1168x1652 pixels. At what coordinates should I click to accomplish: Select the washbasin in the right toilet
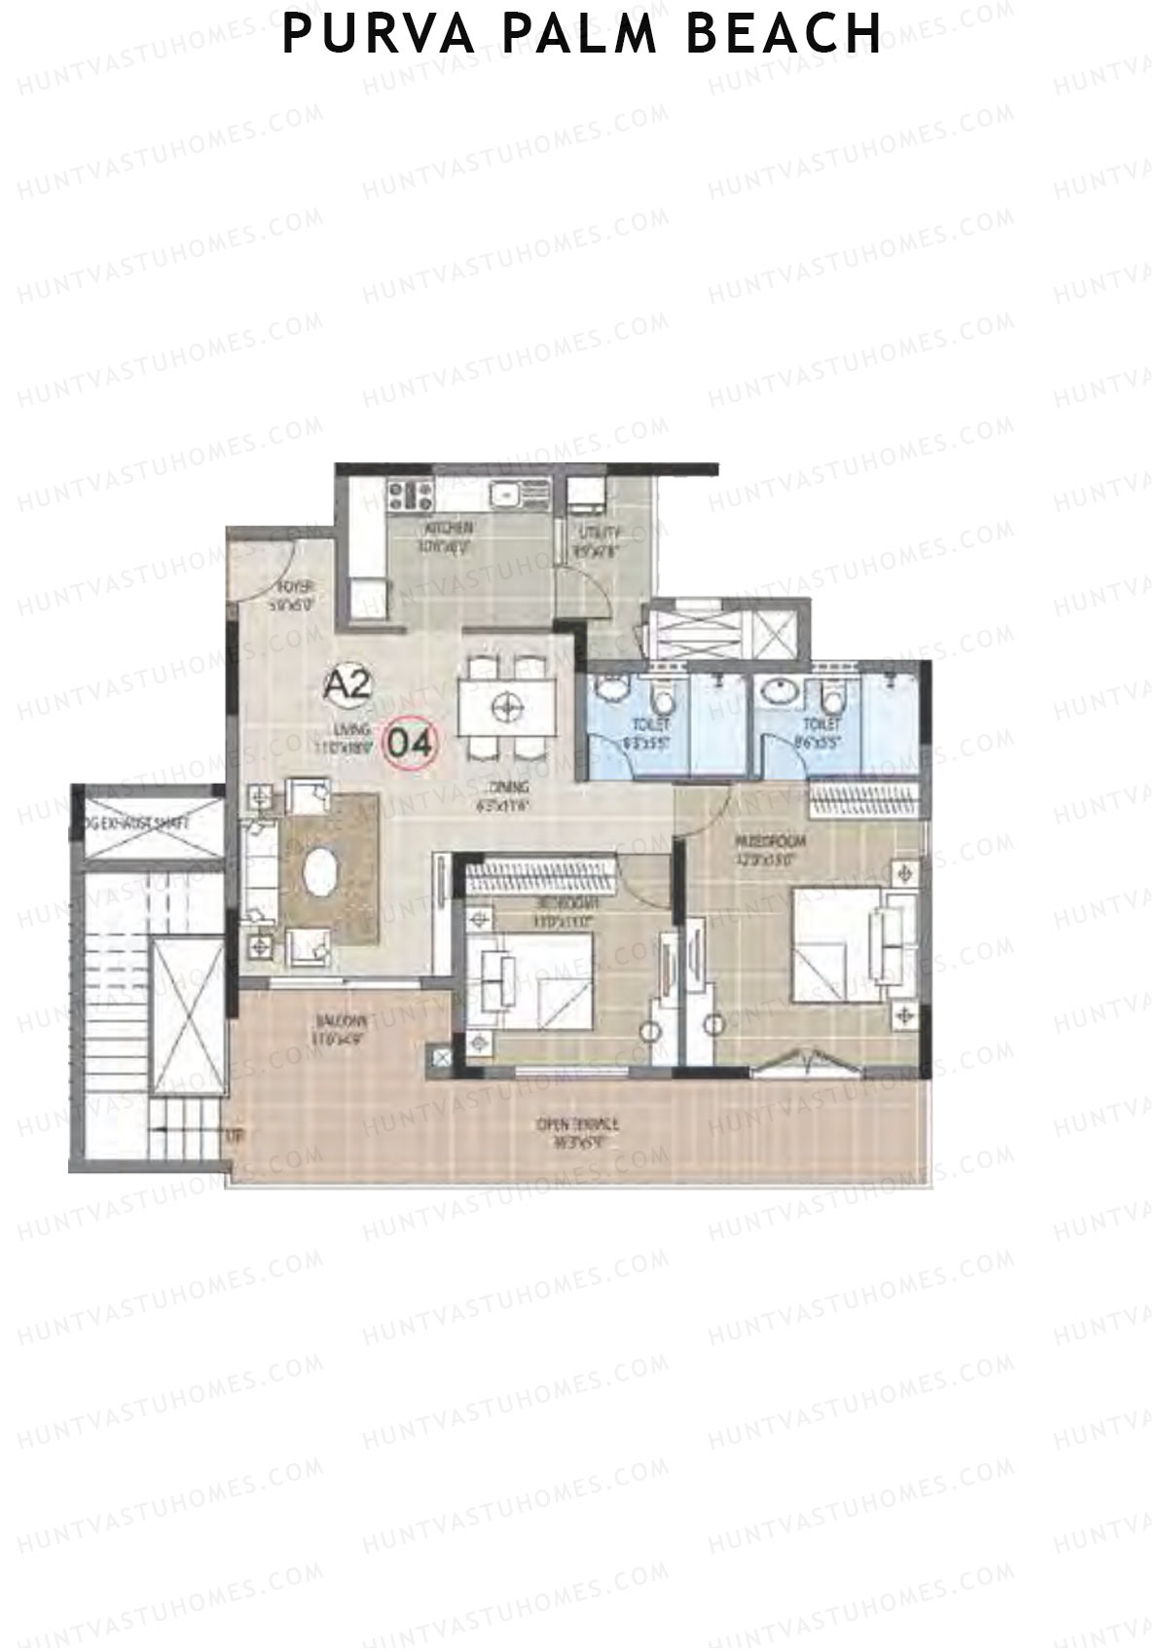pos(776,693)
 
